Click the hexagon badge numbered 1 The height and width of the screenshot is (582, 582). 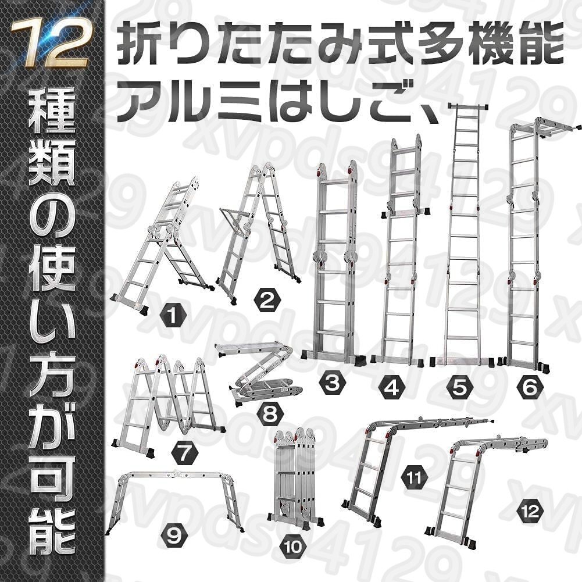[x=173, y=316]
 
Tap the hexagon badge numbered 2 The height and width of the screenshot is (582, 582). [x=267, y=301]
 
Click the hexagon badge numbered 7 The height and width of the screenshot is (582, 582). [x=185, y=454]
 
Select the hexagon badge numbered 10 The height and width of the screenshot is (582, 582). [x=294, y=547]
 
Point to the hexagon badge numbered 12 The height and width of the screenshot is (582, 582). [x=530, y=512]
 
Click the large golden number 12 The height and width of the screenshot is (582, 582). [x=50, y=42]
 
